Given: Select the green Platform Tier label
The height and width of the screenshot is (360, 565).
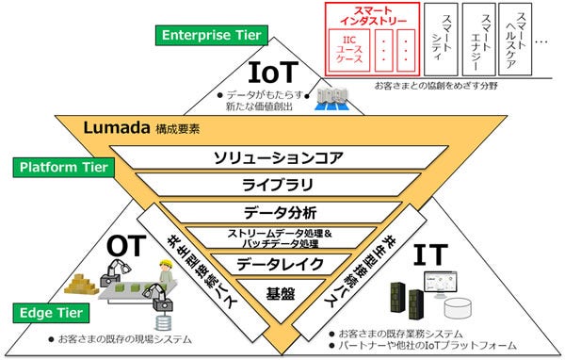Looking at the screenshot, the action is [x=63, y=168].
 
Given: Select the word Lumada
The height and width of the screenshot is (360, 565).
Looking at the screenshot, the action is [x=111, y=126].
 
